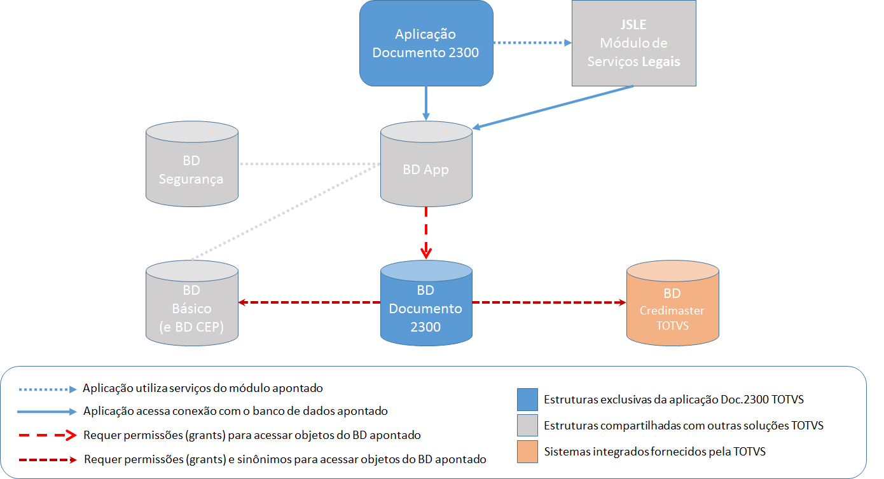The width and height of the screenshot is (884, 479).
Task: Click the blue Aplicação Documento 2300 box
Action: [x=425, y=43]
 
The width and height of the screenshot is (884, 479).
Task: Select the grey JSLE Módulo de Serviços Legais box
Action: [x=633, y=43]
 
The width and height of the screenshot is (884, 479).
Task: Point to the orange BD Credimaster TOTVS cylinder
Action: [x=672, y=305]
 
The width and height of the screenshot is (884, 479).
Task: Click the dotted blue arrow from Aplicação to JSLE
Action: [x=533, y=43]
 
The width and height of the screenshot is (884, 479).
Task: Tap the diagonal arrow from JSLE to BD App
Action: [x=553, y=107]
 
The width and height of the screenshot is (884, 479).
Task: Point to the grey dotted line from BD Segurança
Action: [x=309, y=164]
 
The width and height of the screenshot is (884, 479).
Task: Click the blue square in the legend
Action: [x=528, y=399]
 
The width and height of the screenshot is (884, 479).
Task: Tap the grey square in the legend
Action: [x=528, y=425]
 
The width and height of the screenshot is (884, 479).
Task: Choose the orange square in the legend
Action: [x=528, y=451]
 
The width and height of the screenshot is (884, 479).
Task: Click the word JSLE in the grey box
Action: [x=633, y=25]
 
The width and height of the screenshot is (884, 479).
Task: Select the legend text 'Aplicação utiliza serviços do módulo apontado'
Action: [x=203, y=388]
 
